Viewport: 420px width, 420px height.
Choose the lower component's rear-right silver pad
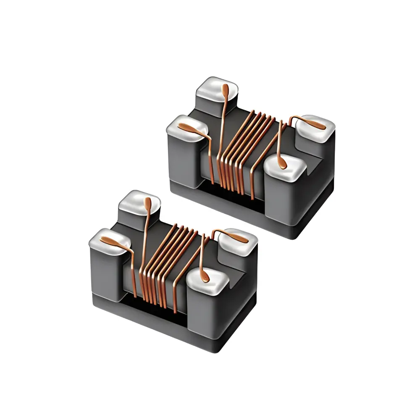pyautogui.click(x=237, y=240)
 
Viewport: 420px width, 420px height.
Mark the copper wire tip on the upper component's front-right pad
pyautogui.click(x=284, y=165)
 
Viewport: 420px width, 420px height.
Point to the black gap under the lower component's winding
pyautogui.click(x=155, y=311)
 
